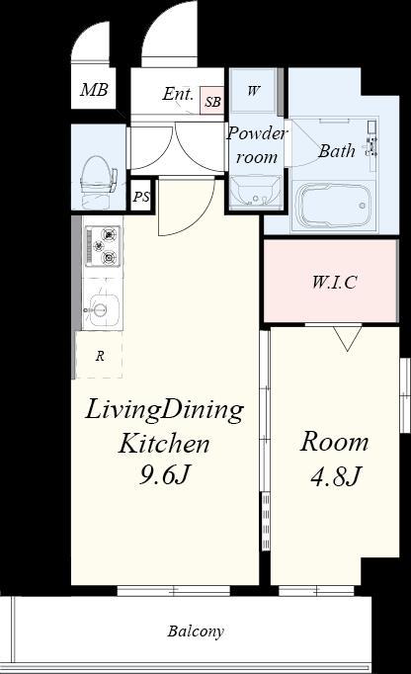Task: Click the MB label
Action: click(x=94, y=90)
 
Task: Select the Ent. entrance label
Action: click(x=178, y=94)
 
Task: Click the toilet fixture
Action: click(x=99, y=181)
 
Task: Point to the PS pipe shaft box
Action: click(x=141, y=197)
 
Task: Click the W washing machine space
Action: click(x=253, y=90)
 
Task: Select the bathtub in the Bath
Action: click(x=333, y=206)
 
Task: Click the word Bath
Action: click(x=337, y=151)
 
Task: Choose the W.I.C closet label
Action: click(x=335, y=282)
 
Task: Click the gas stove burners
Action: click(x=103, y=246)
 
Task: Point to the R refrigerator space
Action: click(x=100, y=355)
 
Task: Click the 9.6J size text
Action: click(x=164, y=475)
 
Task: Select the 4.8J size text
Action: click(x=335, y=475)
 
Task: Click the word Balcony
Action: click(x=196, y=632)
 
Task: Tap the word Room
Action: click(x=334, y=442)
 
